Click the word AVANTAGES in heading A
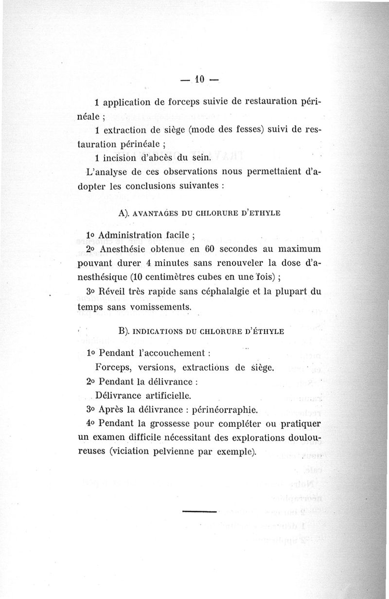pyautogui.click(x=158, y=214)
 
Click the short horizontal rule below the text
pyautogui.click(x=199, y=511)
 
